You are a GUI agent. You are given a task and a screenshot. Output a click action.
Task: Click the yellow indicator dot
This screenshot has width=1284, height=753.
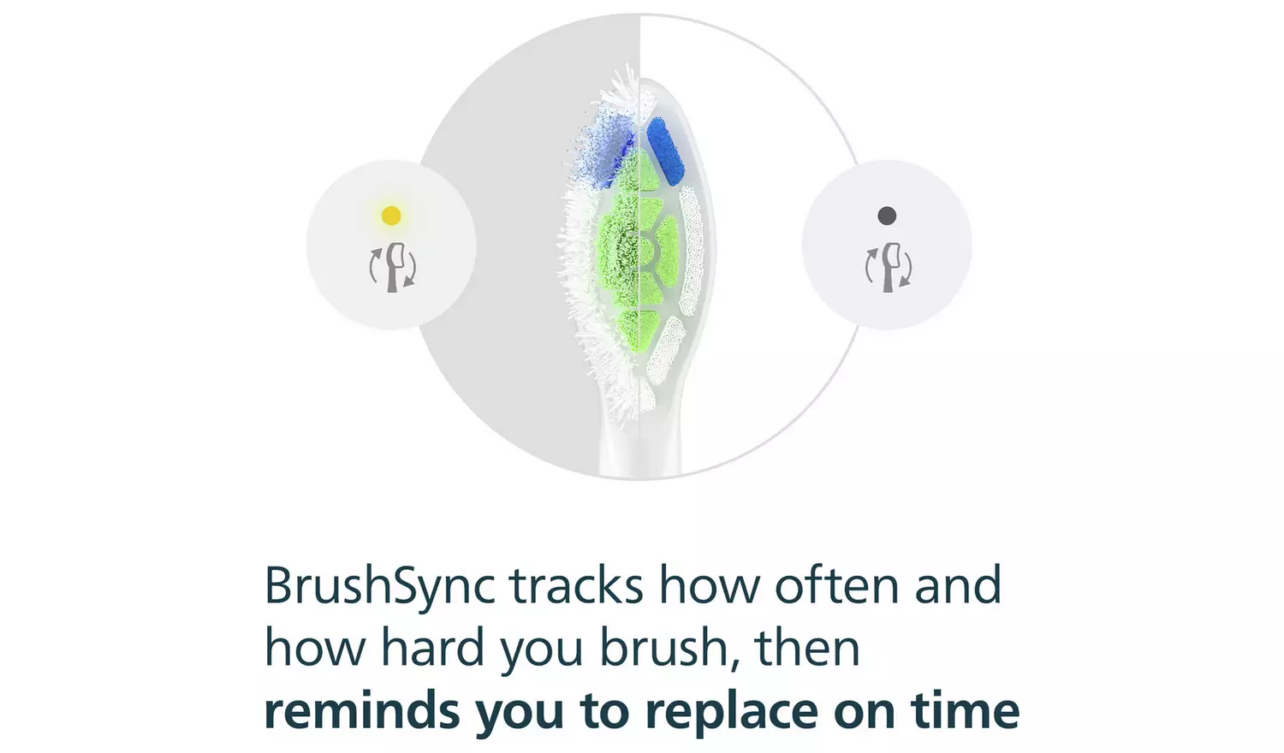coord(391,216)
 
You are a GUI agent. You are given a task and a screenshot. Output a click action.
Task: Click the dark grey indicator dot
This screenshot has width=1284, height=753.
coord(887,216)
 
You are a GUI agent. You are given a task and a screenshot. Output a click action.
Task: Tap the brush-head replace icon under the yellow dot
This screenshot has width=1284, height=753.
coord(392,267)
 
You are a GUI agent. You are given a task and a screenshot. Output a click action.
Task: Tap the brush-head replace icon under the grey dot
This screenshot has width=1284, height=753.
coord(888,267)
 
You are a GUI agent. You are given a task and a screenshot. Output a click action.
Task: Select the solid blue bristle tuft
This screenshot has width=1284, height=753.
coord(664,151)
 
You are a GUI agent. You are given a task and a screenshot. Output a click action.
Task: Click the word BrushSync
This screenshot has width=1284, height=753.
coord(379,587)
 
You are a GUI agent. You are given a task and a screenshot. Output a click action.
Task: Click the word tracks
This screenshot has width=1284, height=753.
coord(576,587)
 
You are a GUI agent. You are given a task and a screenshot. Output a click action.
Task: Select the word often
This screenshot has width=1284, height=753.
coord(836,587)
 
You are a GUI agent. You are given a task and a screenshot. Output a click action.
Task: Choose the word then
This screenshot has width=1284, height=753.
coord(807,649)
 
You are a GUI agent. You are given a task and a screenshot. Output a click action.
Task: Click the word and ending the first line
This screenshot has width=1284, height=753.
coord(958,587)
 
